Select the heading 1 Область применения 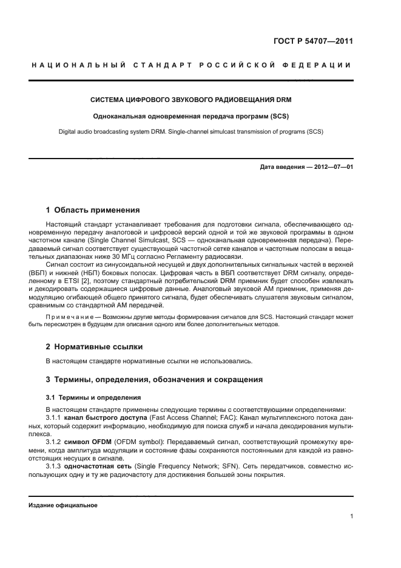point(93,210)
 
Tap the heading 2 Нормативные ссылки point(94,347)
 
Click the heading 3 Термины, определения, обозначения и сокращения point(154,380)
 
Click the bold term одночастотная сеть point(99,465)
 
